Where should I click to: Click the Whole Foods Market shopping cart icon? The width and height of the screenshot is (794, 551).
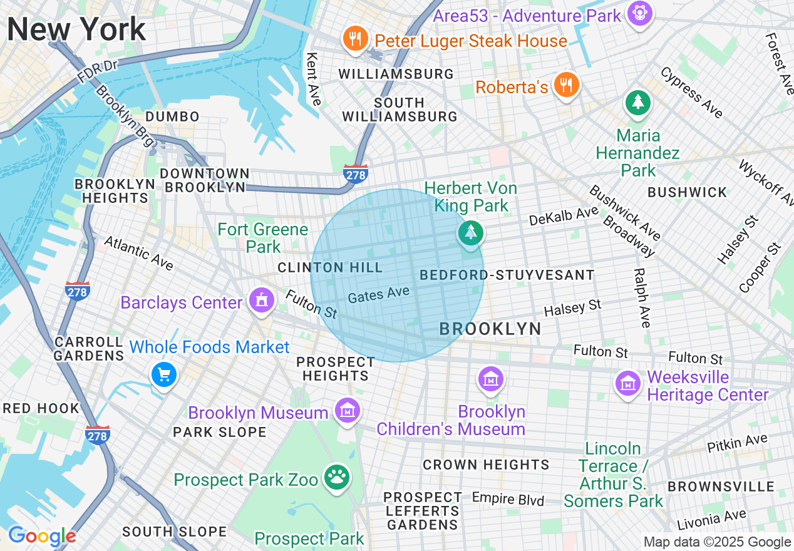click(x=164, y=374)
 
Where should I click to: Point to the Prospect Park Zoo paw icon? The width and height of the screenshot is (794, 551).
click(x=337, y=478)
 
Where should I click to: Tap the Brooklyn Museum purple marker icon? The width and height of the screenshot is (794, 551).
click(x=347, y=410)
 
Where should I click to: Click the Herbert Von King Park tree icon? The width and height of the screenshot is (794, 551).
click(x=470, y=233)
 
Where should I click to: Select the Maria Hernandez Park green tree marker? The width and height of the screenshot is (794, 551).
click(x=638, y=101)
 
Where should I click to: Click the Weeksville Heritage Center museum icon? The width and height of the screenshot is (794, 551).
click(x=627, y=383)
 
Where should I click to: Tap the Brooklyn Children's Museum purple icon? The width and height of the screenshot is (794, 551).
click(x=490, y=378)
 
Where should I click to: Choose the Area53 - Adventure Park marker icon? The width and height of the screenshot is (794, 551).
click(x=640, y=14)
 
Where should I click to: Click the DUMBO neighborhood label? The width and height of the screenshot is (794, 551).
click(x=172, y=117)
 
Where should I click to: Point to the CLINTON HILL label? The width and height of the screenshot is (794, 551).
click(x=330, y=268)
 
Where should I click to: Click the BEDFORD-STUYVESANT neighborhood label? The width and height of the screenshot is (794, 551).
click(x=507, y=275)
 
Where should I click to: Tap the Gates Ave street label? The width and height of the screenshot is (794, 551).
click(x=379, y=294)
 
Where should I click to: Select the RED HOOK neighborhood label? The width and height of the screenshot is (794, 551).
click(x=41, y=409)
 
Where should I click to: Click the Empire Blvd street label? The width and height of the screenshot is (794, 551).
click(x=508, y=499)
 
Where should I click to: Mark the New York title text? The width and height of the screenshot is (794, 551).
click(x=76, y=29)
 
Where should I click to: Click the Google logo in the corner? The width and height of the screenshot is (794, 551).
click(x=42, y=537)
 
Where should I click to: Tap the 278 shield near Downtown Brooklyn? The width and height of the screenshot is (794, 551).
click(x=355, y=175)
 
